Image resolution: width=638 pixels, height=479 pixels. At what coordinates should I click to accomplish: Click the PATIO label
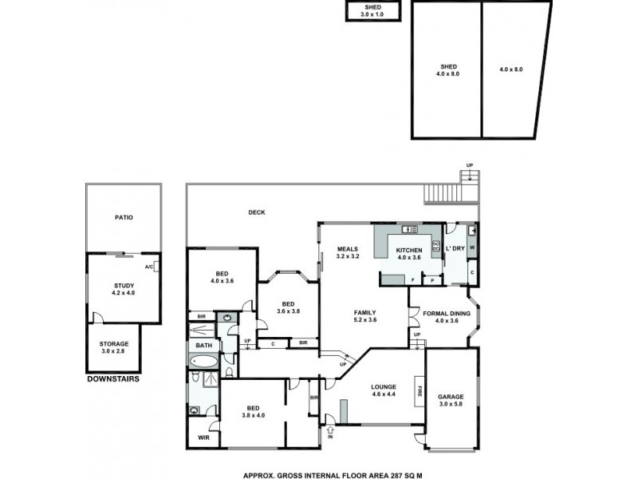click(x=123, y=217)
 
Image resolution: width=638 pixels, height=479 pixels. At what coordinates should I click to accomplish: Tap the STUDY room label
click(x=123, y=289)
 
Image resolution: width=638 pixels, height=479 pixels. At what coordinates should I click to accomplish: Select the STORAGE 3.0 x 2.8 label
click(x=114, y=347)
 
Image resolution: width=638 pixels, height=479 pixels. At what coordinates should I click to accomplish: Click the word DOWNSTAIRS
click(x=112, y=379)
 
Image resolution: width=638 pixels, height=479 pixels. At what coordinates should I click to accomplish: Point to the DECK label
click(x=256, y=212)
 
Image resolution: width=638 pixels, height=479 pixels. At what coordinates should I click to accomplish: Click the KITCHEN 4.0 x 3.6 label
click(x=408, y=253)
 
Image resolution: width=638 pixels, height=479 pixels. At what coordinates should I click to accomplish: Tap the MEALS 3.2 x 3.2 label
click(x=349, y=252)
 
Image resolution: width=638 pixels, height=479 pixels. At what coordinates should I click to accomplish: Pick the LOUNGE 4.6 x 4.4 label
click(x=384, y=390)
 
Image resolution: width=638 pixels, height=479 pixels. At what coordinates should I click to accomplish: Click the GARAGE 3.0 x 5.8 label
click(x=451, y=400)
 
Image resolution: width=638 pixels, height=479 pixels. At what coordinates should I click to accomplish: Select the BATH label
click(x=203, y=346)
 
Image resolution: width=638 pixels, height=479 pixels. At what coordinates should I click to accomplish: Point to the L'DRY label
click(x=455, y=249)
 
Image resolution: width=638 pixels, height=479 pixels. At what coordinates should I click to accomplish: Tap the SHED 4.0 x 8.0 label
click(x=447, y=69)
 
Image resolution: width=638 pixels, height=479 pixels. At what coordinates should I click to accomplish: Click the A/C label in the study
click(x=149, y=267)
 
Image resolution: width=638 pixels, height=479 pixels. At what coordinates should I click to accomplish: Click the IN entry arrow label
click(x=330, y=437)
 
